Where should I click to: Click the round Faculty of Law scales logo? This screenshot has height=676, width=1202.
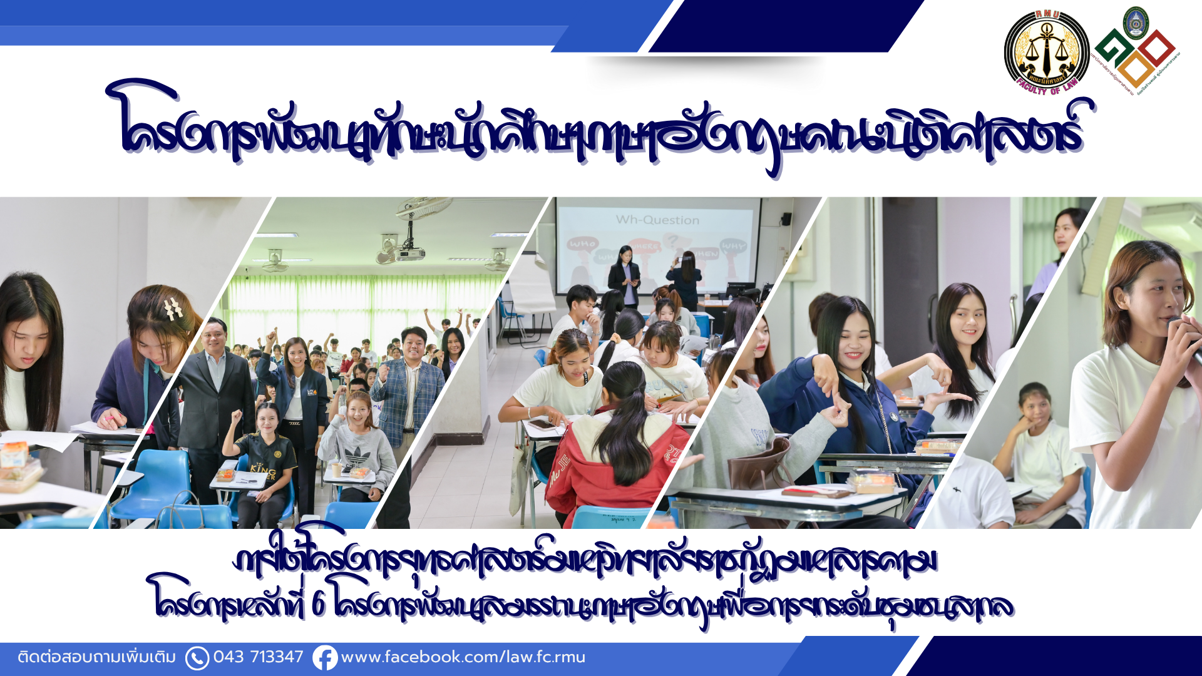click(x=1047, y=52)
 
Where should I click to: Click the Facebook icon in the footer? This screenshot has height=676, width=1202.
click(x=325, y=658)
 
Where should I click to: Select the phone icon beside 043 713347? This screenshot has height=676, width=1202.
click(x=197, y=658)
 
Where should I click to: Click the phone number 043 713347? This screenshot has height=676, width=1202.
click(x=258, y=657)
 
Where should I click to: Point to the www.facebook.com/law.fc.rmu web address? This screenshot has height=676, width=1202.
click(x=463, y=657)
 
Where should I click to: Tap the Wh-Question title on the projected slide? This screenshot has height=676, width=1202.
click(x=657, y=220)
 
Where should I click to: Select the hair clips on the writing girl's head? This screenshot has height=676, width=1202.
click(x=173, y=309)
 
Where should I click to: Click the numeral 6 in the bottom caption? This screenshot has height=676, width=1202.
click(x=318, y=605)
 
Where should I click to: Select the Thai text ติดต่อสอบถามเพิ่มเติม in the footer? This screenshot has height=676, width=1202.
click(x=97, y=657)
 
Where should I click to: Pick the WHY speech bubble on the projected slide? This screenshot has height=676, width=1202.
click(x=732, y=246)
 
